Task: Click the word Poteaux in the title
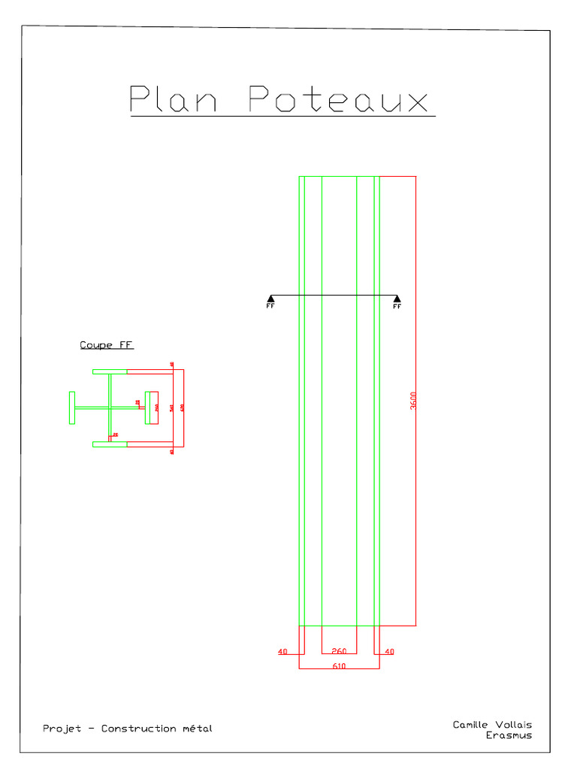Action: pyautogui.click(x=338, y=99)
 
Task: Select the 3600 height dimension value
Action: pyautogui.click(x=414, y=401)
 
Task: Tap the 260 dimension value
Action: pyautogui.click(x=339, y=651)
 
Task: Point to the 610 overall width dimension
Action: pyautogui.click(x=339, y=665)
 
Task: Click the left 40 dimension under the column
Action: pyautogui.click(x=282, y=652)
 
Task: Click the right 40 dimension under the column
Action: pyautogui.click(x=389, y=652)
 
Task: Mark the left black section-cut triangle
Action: pyautogui.click(x=270, y=299)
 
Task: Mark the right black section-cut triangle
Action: pyautogui.click(x=397, y=299)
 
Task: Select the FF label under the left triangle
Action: pyautogui.click(x=270, y=307)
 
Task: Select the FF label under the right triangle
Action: pyautogui.click(x=397, y=307)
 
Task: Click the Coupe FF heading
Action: pyautogui.click(x=107, y=345)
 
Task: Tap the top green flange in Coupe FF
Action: pyautogui.click(x=110, y=371)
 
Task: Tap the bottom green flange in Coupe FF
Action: pyautogui.click(x=110, y=444)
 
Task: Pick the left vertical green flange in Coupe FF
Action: pyautogui.click(x=72, y=408)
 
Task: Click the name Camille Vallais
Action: pyautogui.click(x=491, y=725)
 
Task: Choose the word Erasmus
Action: pyautogui.click(x=509, y=735)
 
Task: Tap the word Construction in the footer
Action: pyautogui.click(x=138, y=728)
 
